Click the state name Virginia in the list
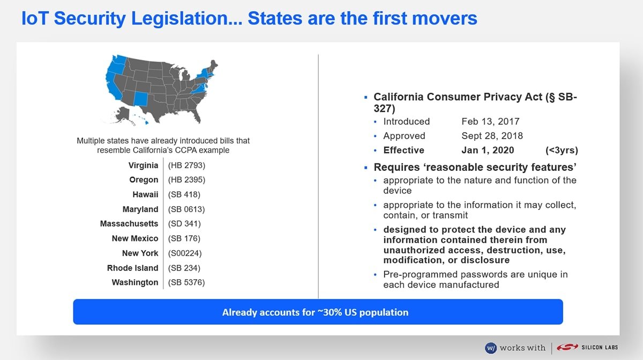[x=143, y=166]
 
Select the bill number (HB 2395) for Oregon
[x=186, y=179]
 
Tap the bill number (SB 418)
[x=184, y=194]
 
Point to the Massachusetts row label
[x=129, y=223]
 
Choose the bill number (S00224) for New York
[x=185, y=253]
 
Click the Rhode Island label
[x=133, y=268]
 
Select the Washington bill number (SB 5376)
[x=186, y=282]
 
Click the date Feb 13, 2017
[x=490, y=122]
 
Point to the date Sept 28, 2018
[x=492, y=136]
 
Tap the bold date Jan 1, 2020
[x=488, y=150]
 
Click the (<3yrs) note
[x=562, y=150]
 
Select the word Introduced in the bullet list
[x=407, y=122]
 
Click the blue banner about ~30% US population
[x=318, y=312]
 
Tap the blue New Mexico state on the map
[x=140, y=99]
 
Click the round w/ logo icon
[x=491, y=348]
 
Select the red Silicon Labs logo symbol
[x=567, y=347]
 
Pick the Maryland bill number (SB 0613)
[x=186, y=209]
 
